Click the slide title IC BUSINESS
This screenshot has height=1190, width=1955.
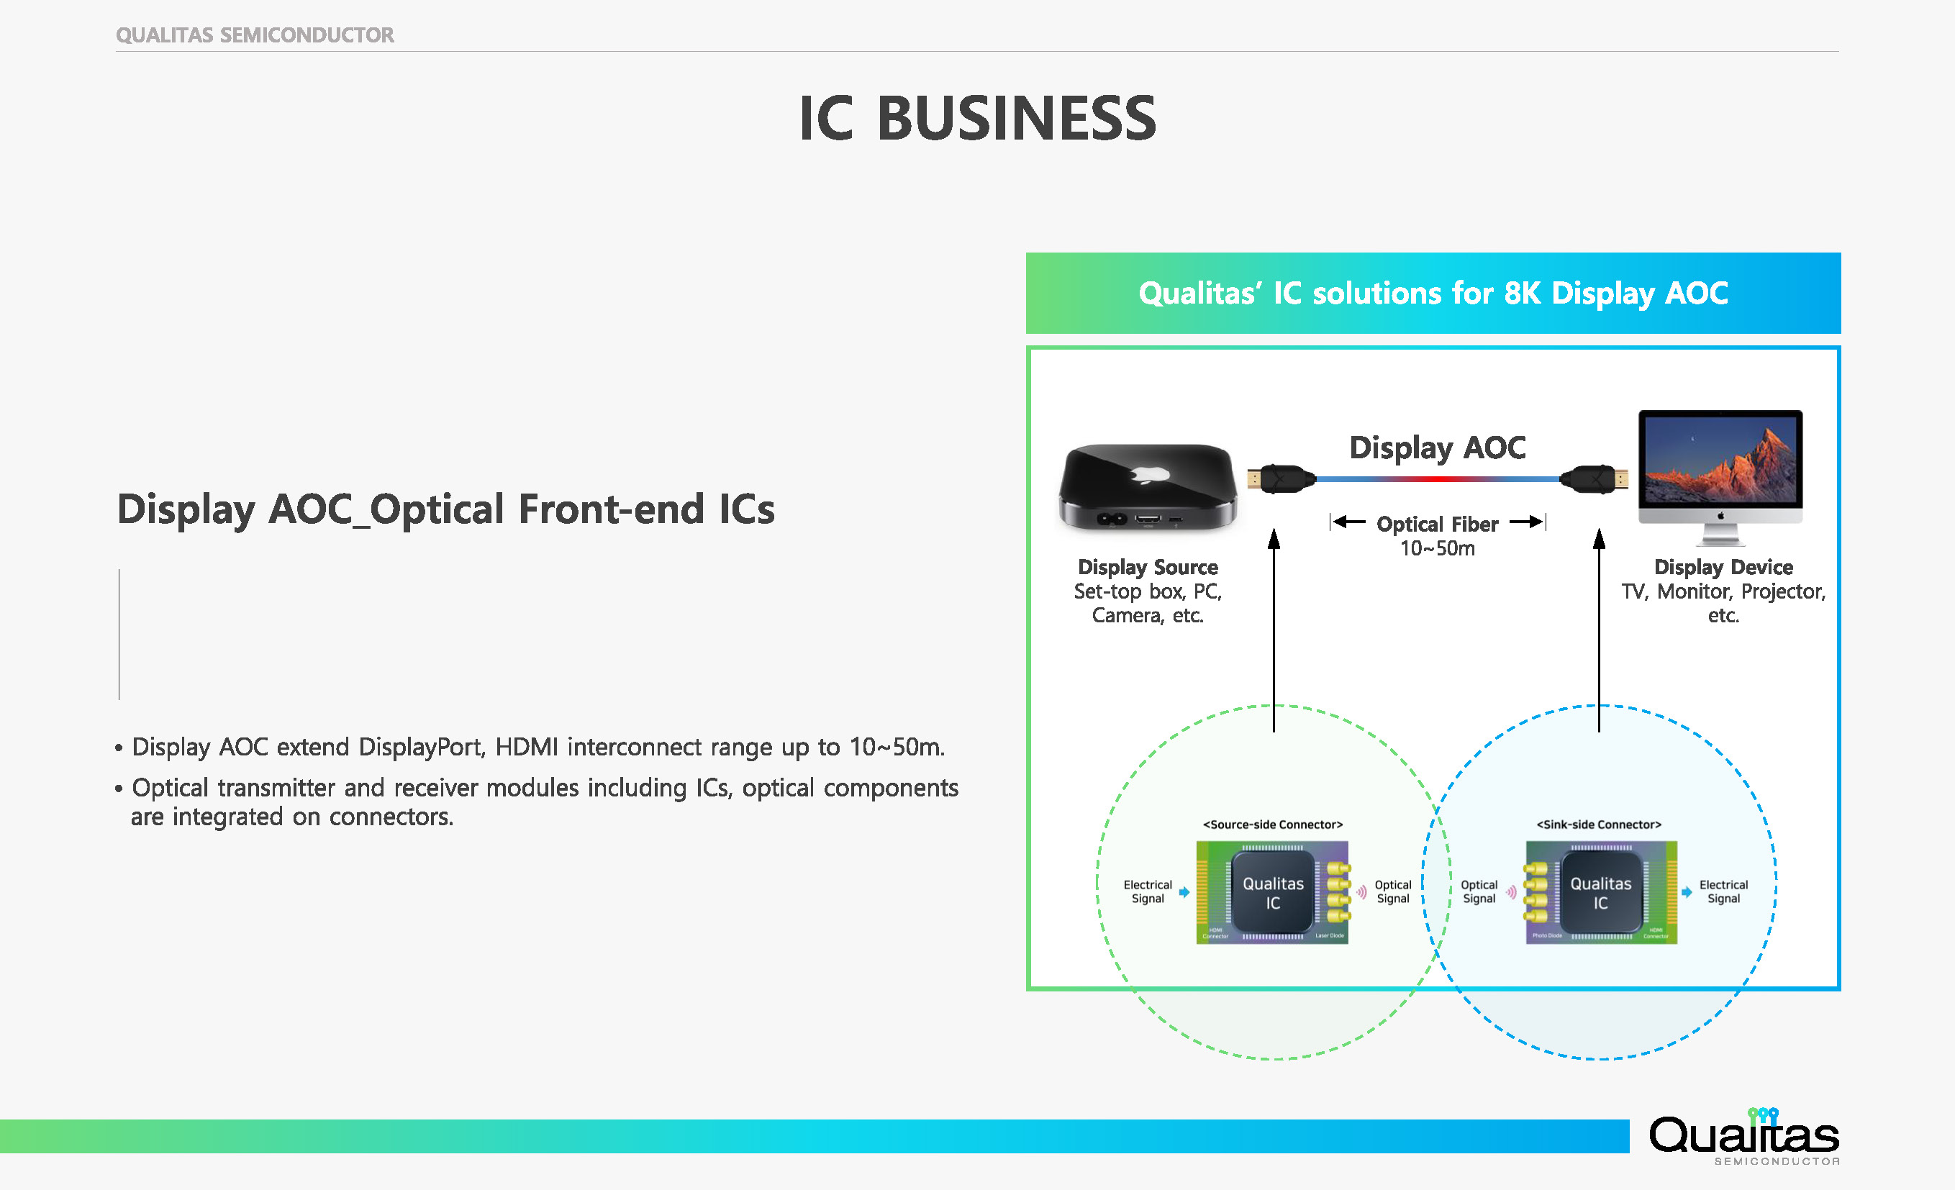976,118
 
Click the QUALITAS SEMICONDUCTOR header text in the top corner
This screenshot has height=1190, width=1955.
255,35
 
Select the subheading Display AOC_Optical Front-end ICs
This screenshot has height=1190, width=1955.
445,509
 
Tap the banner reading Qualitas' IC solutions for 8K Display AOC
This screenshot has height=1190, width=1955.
1432,294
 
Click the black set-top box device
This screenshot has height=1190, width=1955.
1147,486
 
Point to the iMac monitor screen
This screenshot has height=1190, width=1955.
1720,460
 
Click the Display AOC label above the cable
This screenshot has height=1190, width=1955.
1437,448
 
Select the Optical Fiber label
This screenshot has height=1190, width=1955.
1437,524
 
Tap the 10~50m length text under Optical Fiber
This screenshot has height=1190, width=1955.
1437,548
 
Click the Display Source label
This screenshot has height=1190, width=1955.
1147,567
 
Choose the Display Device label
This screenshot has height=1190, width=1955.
1723,567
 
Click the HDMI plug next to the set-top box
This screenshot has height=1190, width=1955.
1279,479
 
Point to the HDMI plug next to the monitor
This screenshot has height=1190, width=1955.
1595,479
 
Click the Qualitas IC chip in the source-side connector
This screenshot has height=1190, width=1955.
1273,892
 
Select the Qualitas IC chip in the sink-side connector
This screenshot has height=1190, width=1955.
1600,892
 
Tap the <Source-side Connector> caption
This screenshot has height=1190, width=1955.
1273,825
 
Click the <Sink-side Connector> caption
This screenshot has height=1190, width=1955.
1599,825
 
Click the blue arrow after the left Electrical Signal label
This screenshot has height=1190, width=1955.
1184,892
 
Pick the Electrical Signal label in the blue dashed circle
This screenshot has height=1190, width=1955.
1723,891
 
